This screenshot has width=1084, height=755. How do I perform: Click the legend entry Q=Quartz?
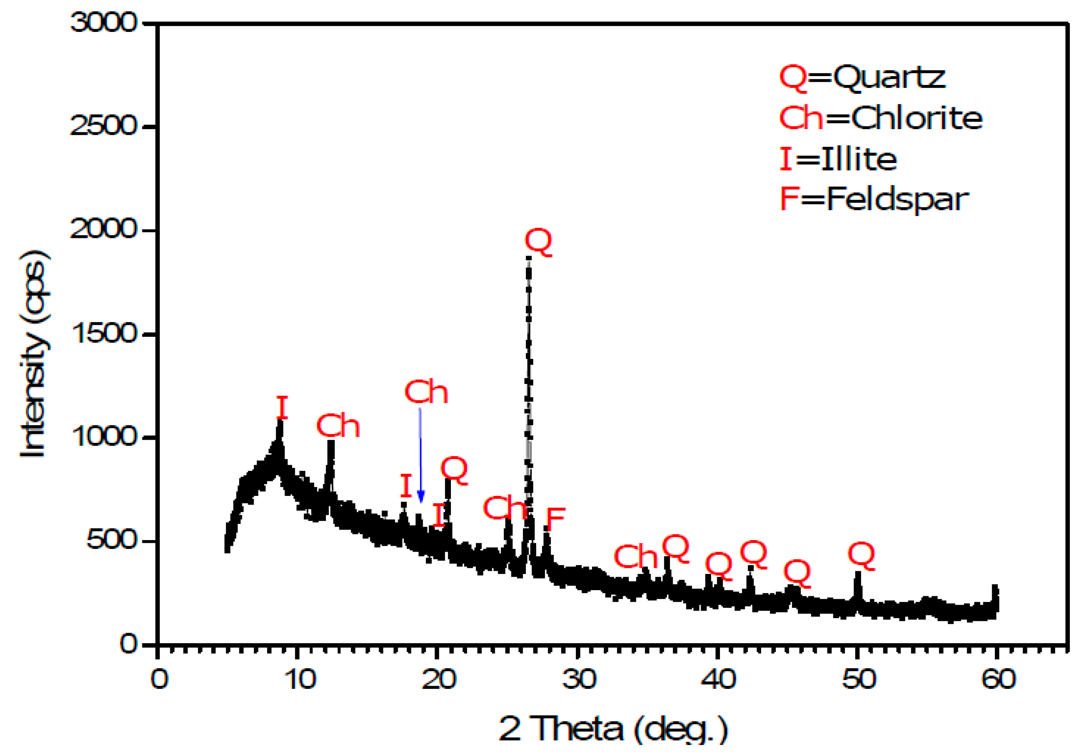click(x=862, y=77)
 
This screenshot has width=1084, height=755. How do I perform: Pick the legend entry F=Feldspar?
click(x=874, y=199)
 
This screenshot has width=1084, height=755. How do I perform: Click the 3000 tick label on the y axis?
click(x=103, y=23)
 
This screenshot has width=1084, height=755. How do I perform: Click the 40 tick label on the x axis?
click(x=718, y=679)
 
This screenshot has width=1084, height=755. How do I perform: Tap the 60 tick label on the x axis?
click(x=998, y=679)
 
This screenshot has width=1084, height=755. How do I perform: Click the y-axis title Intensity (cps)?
click(x=34, y=354)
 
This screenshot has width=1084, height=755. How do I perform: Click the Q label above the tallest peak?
click(x=538, y=242)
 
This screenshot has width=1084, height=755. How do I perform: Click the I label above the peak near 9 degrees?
click(x=282, y=408)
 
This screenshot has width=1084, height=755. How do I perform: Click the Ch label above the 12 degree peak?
click(x=338, y=426)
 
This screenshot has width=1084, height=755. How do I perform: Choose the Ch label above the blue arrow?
click(x=426, y=392)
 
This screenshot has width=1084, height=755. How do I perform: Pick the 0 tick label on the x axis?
click(x=159, y=679)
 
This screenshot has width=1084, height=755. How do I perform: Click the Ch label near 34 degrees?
click(x=635, y=557)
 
